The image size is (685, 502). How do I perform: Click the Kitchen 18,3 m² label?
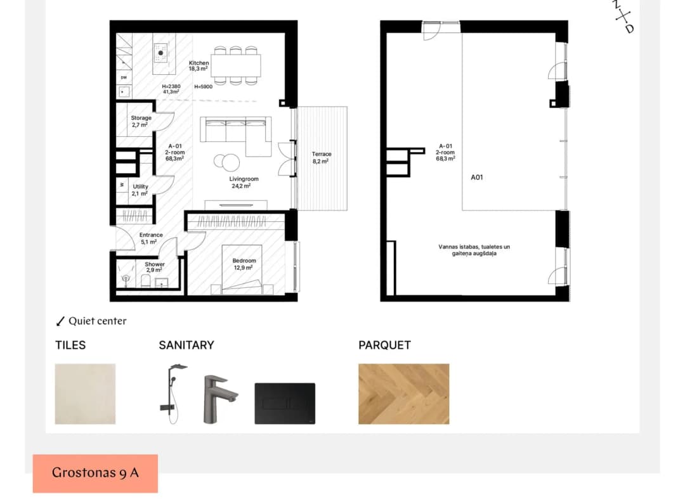(199, 66)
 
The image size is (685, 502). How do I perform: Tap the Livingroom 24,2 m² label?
(244, 183)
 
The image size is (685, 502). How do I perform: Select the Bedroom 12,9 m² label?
(244, 264)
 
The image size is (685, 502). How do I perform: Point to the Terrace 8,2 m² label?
(322, 158)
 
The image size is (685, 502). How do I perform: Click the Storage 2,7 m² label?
(141, 121)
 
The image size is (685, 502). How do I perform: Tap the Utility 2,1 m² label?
(140, 190)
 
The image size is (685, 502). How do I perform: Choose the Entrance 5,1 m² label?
(151, 238)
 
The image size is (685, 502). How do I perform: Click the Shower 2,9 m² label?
(155, 267)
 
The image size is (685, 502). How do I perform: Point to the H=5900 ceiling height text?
(203, 86)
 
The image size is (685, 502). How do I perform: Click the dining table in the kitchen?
(236, 65)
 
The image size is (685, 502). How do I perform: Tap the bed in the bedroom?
(242, 270)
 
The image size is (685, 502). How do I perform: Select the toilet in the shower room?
(146, 281)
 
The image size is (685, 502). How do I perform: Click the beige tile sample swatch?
(85, 394)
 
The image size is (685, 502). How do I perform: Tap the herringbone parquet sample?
(403, 394)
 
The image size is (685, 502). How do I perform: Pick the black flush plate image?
(285, 403)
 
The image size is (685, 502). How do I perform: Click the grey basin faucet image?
(218, 399)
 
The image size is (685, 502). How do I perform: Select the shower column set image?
(173, 394)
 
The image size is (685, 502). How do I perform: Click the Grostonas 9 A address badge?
(95, 473)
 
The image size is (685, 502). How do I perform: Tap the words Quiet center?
(98, 321)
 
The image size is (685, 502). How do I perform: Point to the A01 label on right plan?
(476, 177)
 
